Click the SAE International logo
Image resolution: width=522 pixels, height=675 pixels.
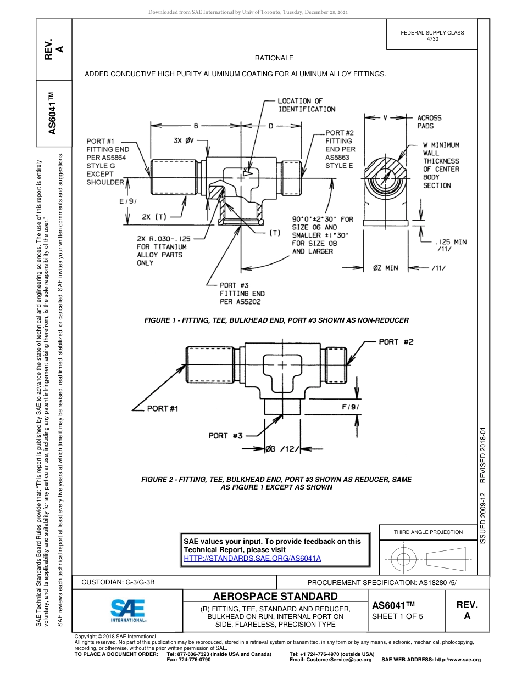pos(128,610)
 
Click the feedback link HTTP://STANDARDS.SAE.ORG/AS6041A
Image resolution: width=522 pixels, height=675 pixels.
pos(252,558)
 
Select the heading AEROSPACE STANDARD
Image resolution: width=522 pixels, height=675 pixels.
pos(275,597)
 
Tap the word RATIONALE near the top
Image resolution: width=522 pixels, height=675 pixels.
pos(274,58)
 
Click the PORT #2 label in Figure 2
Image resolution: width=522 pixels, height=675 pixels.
pos(396,342)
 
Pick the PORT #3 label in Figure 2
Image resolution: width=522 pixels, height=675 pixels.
pos(225,436)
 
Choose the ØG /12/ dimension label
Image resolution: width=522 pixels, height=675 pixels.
pos(282,449)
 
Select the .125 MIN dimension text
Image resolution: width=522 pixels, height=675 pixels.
pos(450,241)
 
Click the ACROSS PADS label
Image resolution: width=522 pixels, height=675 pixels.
pos(429,122)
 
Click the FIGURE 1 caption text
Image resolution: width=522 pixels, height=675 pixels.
pos(276,320)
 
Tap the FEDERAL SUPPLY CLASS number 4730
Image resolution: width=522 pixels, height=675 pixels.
pos(432,39)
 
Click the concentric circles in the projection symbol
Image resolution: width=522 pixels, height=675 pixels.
pos(404,560)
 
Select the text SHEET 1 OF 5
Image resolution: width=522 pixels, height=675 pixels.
pos(397,616)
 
